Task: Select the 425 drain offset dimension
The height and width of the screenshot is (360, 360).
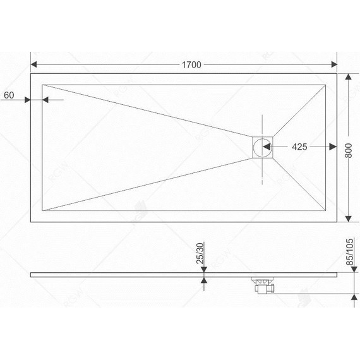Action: click(300, 147)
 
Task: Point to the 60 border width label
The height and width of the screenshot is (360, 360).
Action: click(9, 95)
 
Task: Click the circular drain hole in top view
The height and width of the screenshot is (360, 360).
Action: click(261, 148)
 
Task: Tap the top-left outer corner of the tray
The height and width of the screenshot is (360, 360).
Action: click(31, 74)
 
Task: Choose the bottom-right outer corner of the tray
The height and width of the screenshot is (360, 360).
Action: click(337, 222)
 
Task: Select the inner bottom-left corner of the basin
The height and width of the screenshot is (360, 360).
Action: click(42, 211)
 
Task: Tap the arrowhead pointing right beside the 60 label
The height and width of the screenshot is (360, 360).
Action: click(27, 100)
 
